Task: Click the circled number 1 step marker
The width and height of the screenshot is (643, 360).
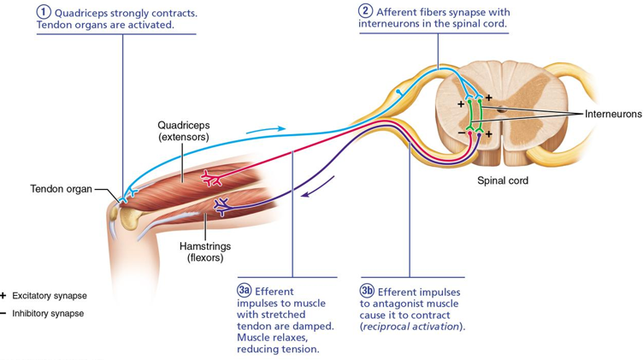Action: pyautogui.click(x=44, y=12)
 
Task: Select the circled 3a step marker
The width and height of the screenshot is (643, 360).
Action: pyautogui.click(x=245, y=290)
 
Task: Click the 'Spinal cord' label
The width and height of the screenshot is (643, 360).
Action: pyautogui.click(x=503, y=180)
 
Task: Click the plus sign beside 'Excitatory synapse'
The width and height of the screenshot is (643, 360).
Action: pyautogui.click(x=4, y=295)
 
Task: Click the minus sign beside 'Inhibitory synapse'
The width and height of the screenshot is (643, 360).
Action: pyautogui.click(x=4, y=313)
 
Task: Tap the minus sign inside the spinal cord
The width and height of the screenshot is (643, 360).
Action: pyautogui.click(x=461, y=133)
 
